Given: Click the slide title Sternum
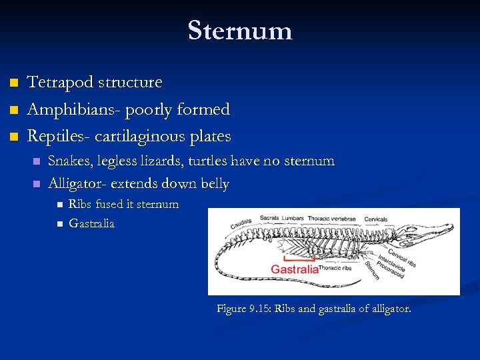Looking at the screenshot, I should [240, 31].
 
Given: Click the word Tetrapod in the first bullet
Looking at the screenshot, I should [59, 83].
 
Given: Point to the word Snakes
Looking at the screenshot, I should [71, 161].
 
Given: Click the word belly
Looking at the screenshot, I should [213, 184].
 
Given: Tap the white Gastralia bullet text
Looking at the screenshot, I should [92, 224].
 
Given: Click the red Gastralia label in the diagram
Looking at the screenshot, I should [294, 269].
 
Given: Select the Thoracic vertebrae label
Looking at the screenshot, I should [340, 218].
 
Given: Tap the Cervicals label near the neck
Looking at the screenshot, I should [375, 219].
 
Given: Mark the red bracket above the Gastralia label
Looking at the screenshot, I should [293, 257].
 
